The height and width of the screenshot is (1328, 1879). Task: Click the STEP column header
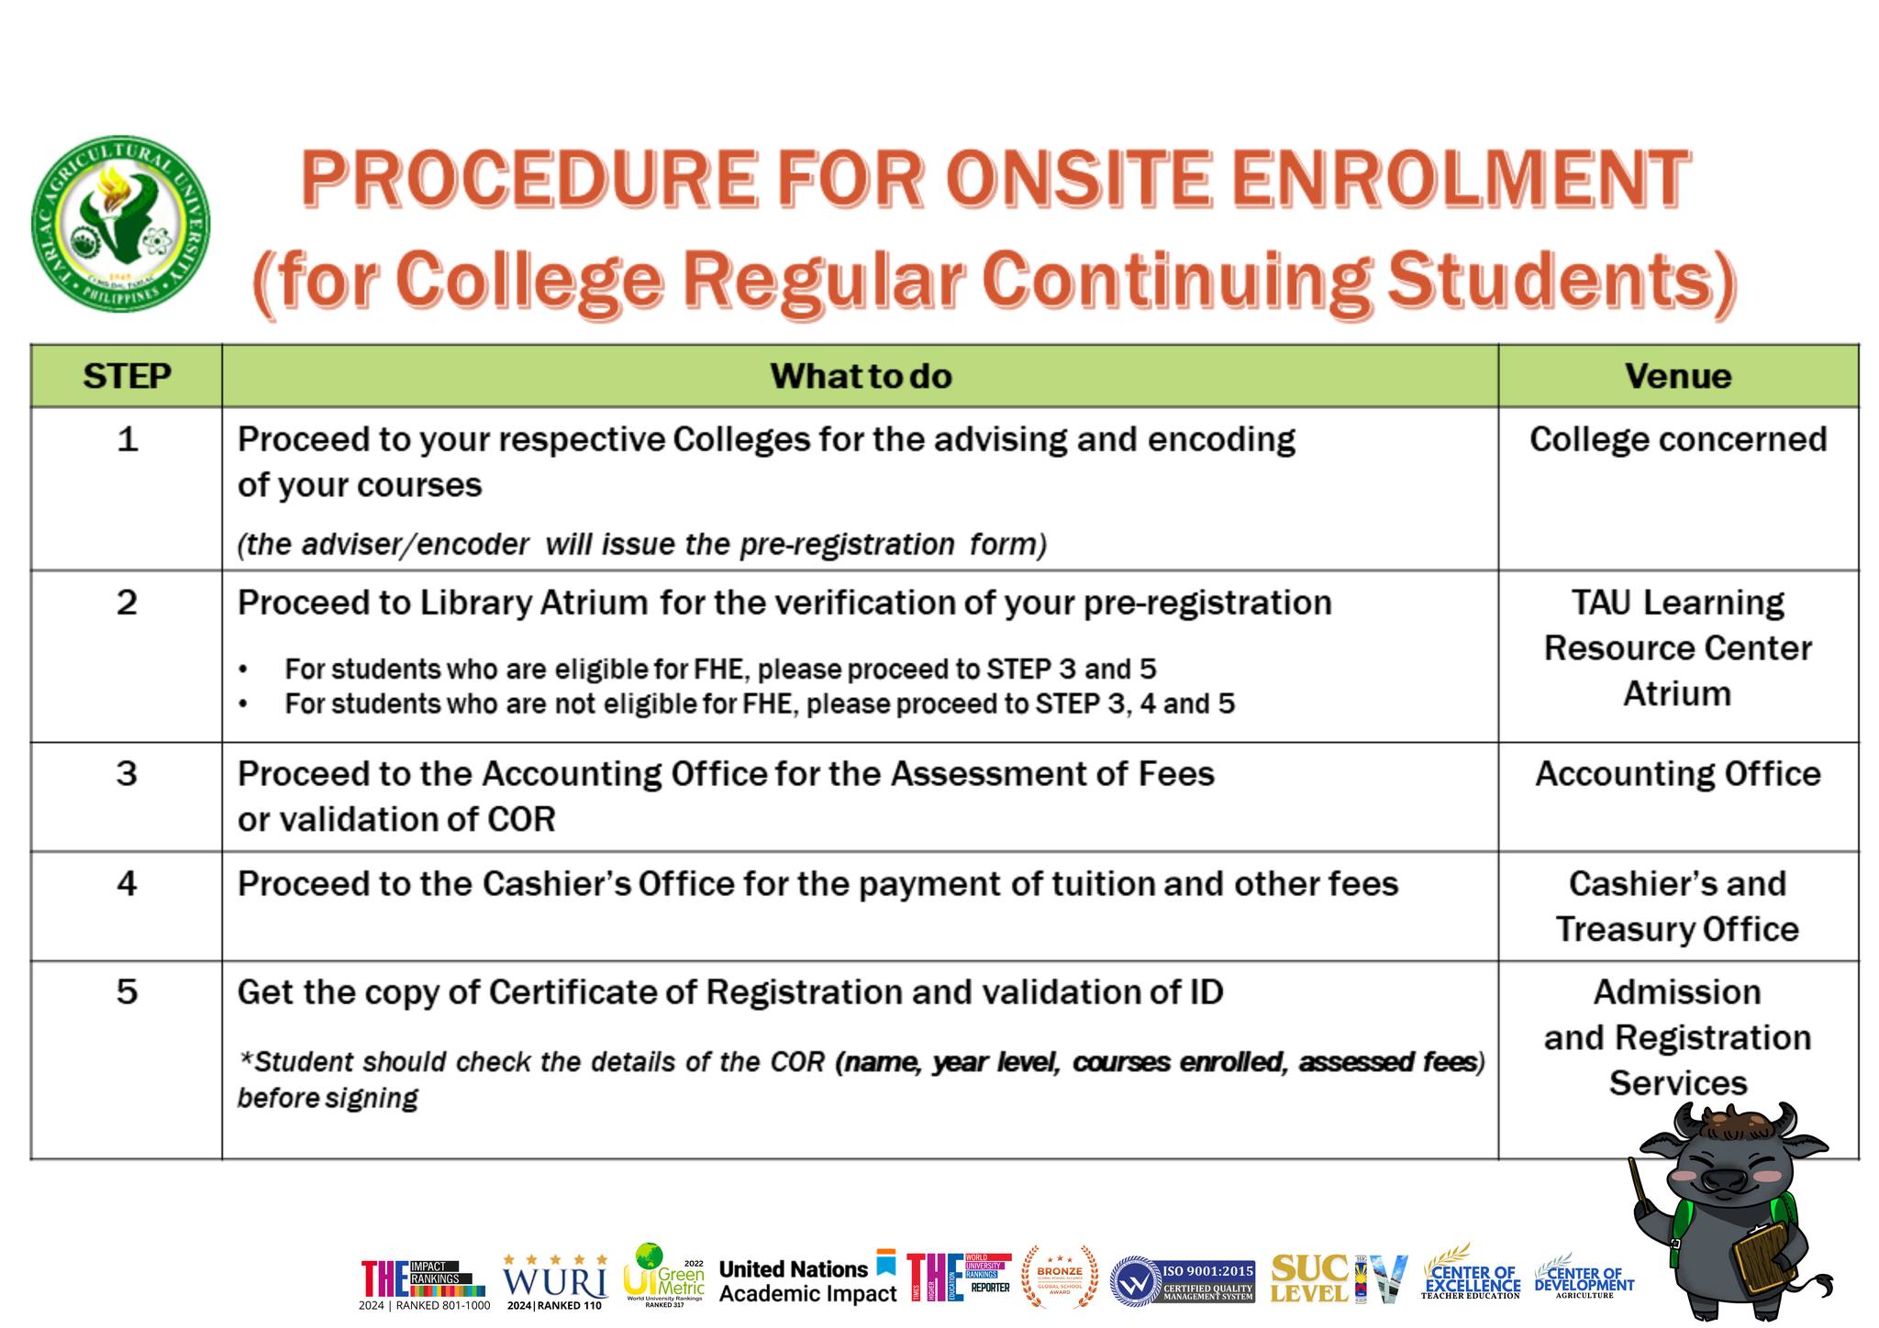pyautogui.click(x=127, y=376)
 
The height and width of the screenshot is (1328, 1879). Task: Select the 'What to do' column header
pyautogui.click(x=860, y=376)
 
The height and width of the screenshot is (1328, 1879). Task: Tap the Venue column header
pyautogui.click(x=1677, y=376)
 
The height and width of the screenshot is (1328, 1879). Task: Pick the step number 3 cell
pyautogui.click(x=127, y=774)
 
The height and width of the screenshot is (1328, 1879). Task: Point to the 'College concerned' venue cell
pyautogui.click(x=1677, y=439)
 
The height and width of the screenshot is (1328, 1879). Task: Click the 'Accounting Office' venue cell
pyautogui.click(x=1677, y=774)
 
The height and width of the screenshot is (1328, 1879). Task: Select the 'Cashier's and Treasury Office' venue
pyautogui.click(x=1677, y=906)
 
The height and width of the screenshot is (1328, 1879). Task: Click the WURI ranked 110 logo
pyautogui.click(x=555, y=1281)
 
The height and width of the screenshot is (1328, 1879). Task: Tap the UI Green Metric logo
pyautogui.click(x=663, y=1275)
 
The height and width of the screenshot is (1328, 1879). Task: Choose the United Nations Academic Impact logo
pyautogui.click(x=807, y=1280)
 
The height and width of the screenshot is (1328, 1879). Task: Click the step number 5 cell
pyautogui.click(x=127, y=992)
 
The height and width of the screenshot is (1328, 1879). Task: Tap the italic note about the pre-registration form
pyautogui.click(x=641, y=545)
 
